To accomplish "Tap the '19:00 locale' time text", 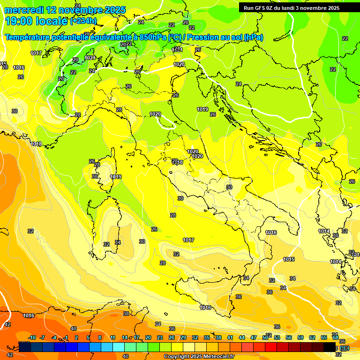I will (x=37, y=21).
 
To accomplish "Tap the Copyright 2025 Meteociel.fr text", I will (x=199, y=357).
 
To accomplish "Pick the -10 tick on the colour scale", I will (x=32, y=338).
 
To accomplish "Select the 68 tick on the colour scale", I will (x=335, y=338).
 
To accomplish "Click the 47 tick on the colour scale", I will (x=254, y=338).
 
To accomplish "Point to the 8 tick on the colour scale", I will (x=100, y=338).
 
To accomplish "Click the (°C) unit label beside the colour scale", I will (x=345, y=348).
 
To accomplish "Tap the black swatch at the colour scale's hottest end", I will (x=330, y=347).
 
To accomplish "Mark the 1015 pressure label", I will (x=289, y=259).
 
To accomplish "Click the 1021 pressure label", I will (x=90, y=58).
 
